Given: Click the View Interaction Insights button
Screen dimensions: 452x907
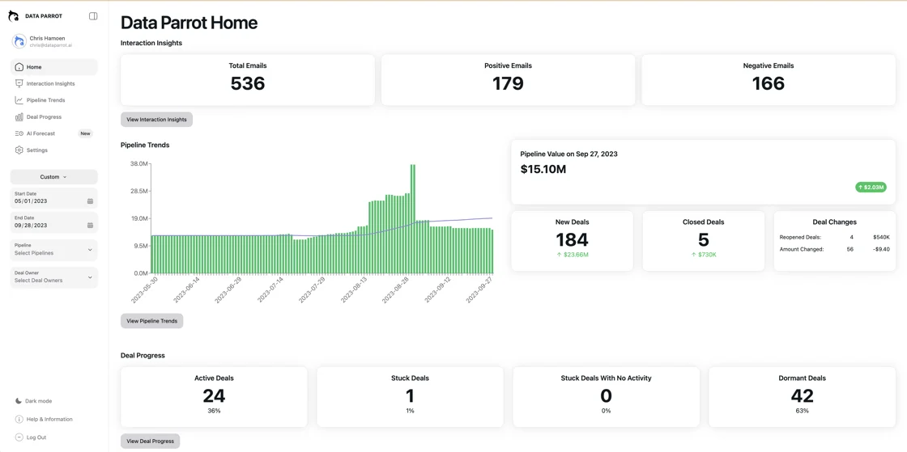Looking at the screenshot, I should pyautogui.click(x=156, y=120).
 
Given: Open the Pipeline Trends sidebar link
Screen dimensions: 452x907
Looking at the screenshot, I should pyautogui.click(x=45, y=100).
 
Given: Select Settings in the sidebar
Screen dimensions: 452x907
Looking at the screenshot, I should pyautogui.click(x=36, y=150).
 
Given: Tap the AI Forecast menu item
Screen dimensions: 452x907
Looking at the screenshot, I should pyautogui.click(x=40, y=133).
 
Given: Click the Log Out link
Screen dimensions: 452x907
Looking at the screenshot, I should pyautogui.click(x=36, y=437).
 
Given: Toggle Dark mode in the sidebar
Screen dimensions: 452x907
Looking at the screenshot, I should pyautogui.click(x=38, y=401).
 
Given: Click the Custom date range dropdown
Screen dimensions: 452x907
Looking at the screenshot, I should pyautogui.click(x=53, y=177).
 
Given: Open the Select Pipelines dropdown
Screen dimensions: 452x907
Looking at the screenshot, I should pyautogui.click(x=53, y=250).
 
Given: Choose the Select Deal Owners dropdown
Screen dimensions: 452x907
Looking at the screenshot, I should pyautogui.click(x=53, y=277).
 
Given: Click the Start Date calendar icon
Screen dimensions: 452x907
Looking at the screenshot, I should pyautogui.click(x=90, y=201).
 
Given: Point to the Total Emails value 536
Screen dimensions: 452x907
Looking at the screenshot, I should pyautogui.click(x=248, y=83).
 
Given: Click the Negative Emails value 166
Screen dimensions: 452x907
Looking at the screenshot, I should pyautogui.click(x=768, y=83).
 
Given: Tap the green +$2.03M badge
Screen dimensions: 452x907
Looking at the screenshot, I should pyautogui.click(x=871, y=188).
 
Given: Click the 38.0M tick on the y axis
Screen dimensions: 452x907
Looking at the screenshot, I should pyautogui.click(x=138, y=164).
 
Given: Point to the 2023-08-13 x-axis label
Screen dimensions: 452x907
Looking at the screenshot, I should pyautogui.click(x=353, y=289).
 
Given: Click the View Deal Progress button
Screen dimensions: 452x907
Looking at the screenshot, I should pyautogui.click(x=150, y=441).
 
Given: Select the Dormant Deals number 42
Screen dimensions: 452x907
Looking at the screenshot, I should pyautogui.click(x=802, y=395).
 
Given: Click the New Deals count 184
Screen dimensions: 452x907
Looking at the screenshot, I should pyautogui.click(x=572, y=240).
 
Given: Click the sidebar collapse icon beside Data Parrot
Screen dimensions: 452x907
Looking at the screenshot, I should pyautogui.click(x=93, y=16).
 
